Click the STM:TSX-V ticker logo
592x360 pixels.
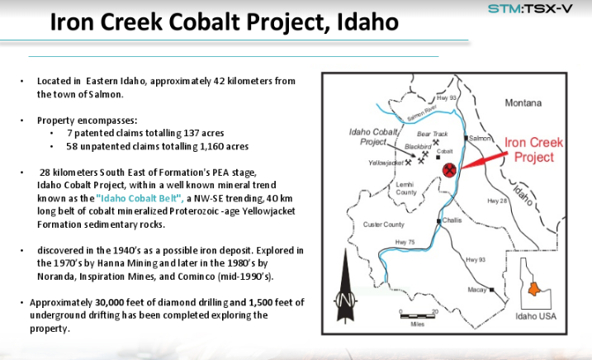(x=530, y=8)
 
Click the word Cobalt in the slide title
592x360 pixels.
(x=204, y=21)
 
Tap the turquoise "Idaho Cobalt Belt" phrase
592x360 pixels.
(x=140, y=198)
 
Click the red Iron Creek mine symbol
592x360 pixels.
(x=449, y=170)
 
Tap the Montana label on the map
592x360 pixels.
(x=523, y=102)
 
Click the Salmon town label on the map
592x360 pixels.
(x=480, y=138)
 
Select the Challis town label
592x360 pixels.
(x=452, y=220)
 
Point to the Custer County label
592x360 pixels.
(x=384, y=225)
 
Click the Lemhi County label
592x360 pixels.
(x=406, y=188)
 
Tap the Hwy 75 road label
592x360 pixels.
(x=405, y=242)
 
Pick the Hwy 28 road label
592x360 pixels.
(x=497, y=201)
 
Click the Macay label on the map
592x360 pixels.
(x=477, y=290)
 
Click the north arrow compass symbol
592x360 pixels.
(x=345, y=287)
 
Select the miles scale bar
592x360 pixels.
(x=418, y=315)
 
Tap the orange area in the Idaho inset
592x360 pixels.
(x=534, y=289)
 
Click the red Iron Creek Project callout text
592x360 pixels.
(x=534, y=150)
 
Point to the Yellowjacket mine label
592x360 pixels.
(x=386, y=163)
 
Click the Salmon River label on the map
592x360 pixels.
(x=422, y=113)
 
